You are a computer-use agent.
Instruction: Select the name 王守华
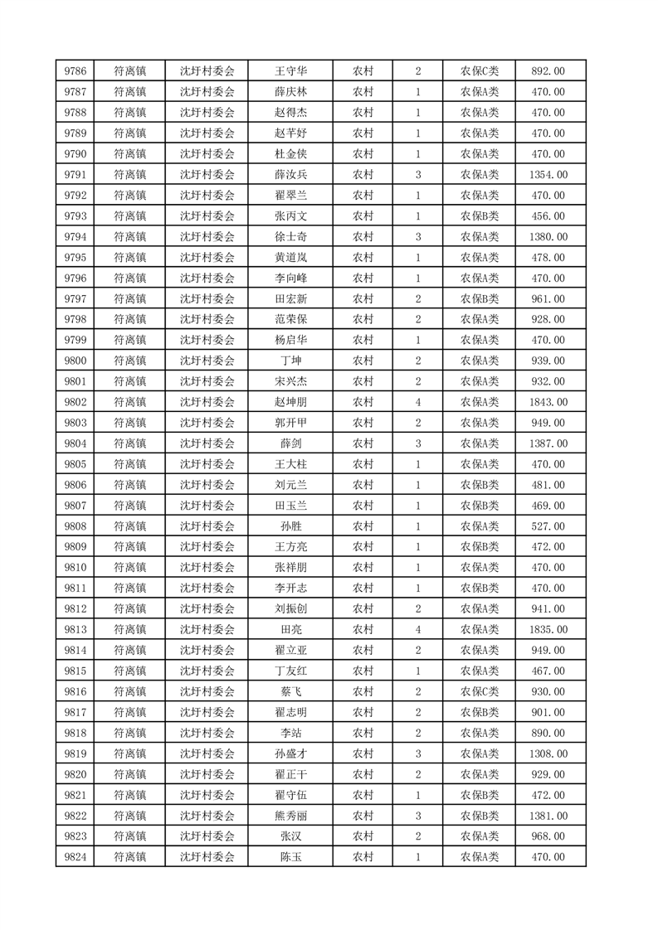click(290, 71)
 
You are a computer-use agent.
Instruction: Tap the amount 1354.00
click(548, 175)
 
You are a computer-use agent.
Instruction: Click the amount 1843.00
click(548, 402)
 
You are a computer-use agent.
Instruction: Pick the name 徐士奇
click(290, 237)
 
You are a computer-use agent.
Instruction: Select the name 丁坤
click(290, 361)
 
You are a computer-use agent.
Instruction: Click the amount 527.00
click(548, 526)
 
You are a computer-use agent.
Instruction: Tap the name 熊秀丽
click(290, 816)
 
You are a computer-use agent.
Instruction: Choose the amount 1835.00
click(548, 630)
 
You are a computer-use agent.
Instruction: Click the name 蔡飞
click(290, 691)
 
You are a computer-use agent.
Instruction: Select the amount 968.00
click(548, 836)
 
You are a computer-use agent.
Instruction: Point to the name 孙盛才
click(290, 753)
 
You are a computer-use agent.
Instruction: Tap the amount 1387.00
click(548, 443)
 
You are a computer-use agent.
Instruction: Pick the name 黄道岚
click(290, 258)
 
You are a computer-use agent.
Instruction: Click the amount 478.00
click(548, 258)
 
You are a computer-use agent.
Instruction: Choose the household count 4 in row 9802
click(418, 402)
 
